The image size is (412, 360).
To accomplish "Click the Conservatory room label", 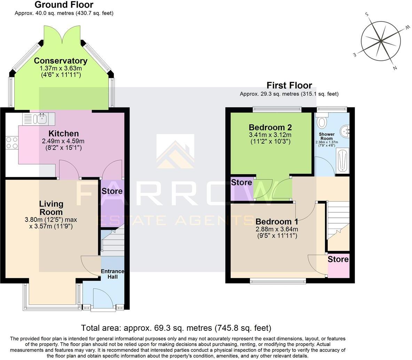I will click(x=61, y=61).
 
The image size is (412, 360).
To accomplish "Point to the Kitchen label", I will click(x=63, y=134).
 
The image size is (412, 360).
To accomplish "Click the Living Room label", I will click(x=51, y=208).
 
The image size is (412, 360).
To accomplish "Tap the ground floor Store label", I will click(x=112, y=191).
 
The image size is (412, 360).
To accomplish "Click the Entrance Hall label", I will click(x=112, y=274).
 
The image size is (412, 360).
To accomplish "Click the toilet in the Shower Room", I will click(x=323, y=122).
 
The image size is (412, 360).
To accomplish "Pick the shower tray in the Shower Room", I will click(x=342, y=160).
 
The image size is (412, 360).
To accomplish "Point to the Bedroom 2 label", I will click(x=270, y=127).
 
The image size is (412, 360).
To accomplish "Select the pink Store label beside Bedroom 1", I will click(x=338, y=259).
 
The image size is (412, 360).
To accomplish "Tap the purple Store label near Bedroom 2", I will click(x=241, y=183).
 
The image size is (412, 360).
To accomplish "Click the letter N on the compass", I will click(x=395, y=68).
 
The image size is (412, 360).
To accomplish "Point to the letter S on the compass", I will click(x=366, y=14).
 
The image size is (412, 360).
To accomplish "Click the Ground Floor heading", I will click(x=64, y=5).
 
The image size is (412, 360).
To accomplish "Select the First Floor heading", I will click(x=289, y=85).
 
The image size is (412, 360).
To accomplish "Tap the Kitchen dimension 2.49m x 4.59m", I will click(x=63, y=141).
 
